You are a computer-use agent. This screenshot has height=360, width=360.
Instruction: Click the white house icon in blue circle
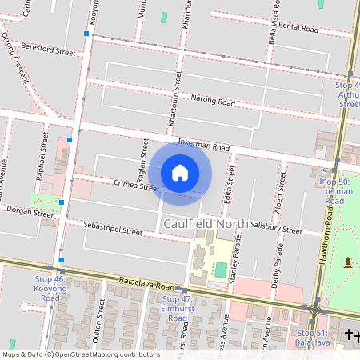tap(180, 172)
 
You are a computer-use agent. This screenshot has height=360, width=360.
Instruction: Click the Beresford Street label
tap(49, 50)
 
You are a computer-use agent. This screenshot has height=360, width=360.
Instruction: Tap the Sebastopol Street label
tap(113, 230)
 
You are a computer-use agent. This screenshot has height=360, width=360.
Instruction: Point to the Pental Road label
tap(298, 28)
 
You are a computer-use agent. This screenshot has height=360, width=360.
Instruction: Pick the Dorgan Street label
tap(29, 212)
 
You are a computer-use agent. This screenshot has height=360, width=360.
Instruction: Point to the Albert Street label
tap(280, 191)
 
